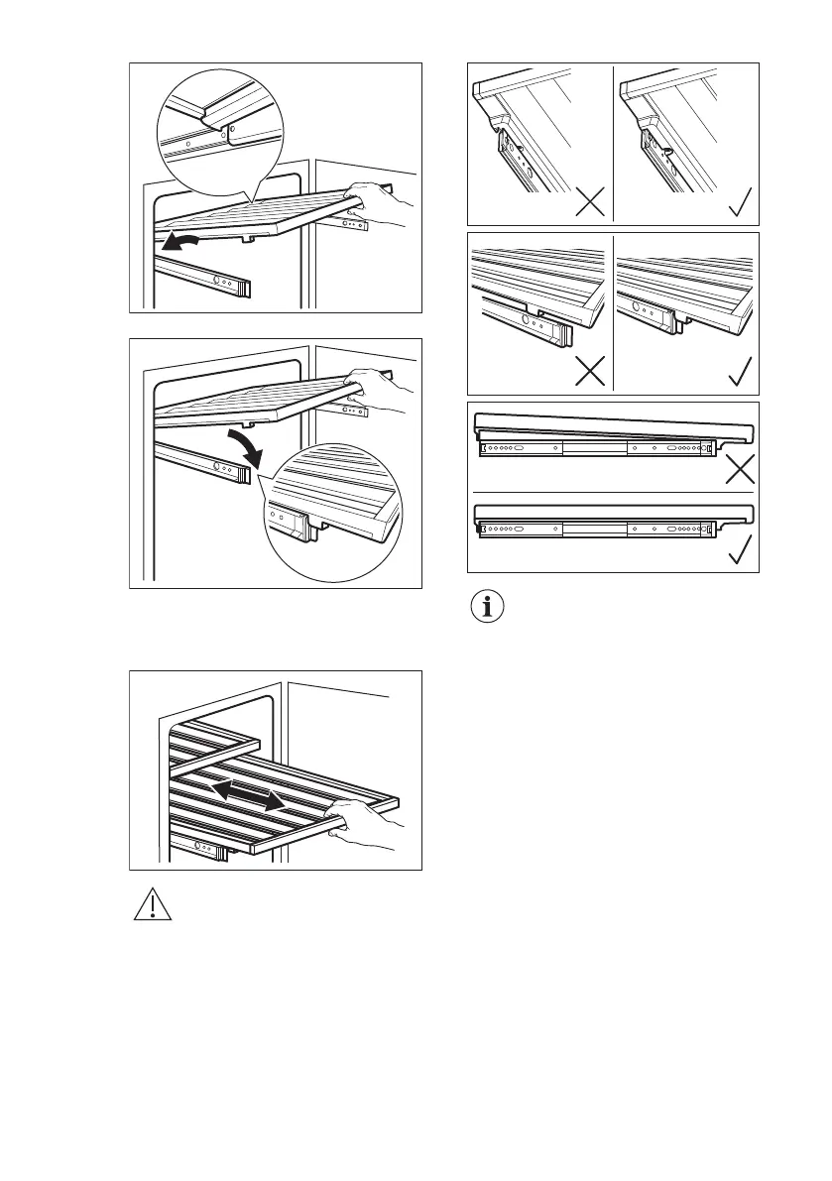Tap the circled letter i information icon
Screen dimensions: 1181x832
click(486, 608)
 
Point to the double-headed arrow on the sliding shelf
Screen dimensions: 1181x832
click(248, 790)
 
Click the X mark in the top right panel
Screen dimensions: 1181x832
click(587, 203)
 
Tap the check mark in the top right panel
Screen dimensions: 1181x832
click(739, 203)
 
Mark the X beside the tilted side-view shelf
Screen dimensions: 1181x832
click(739, 467)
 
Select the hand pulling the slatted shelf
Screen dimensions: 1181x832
click(362, 826)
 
